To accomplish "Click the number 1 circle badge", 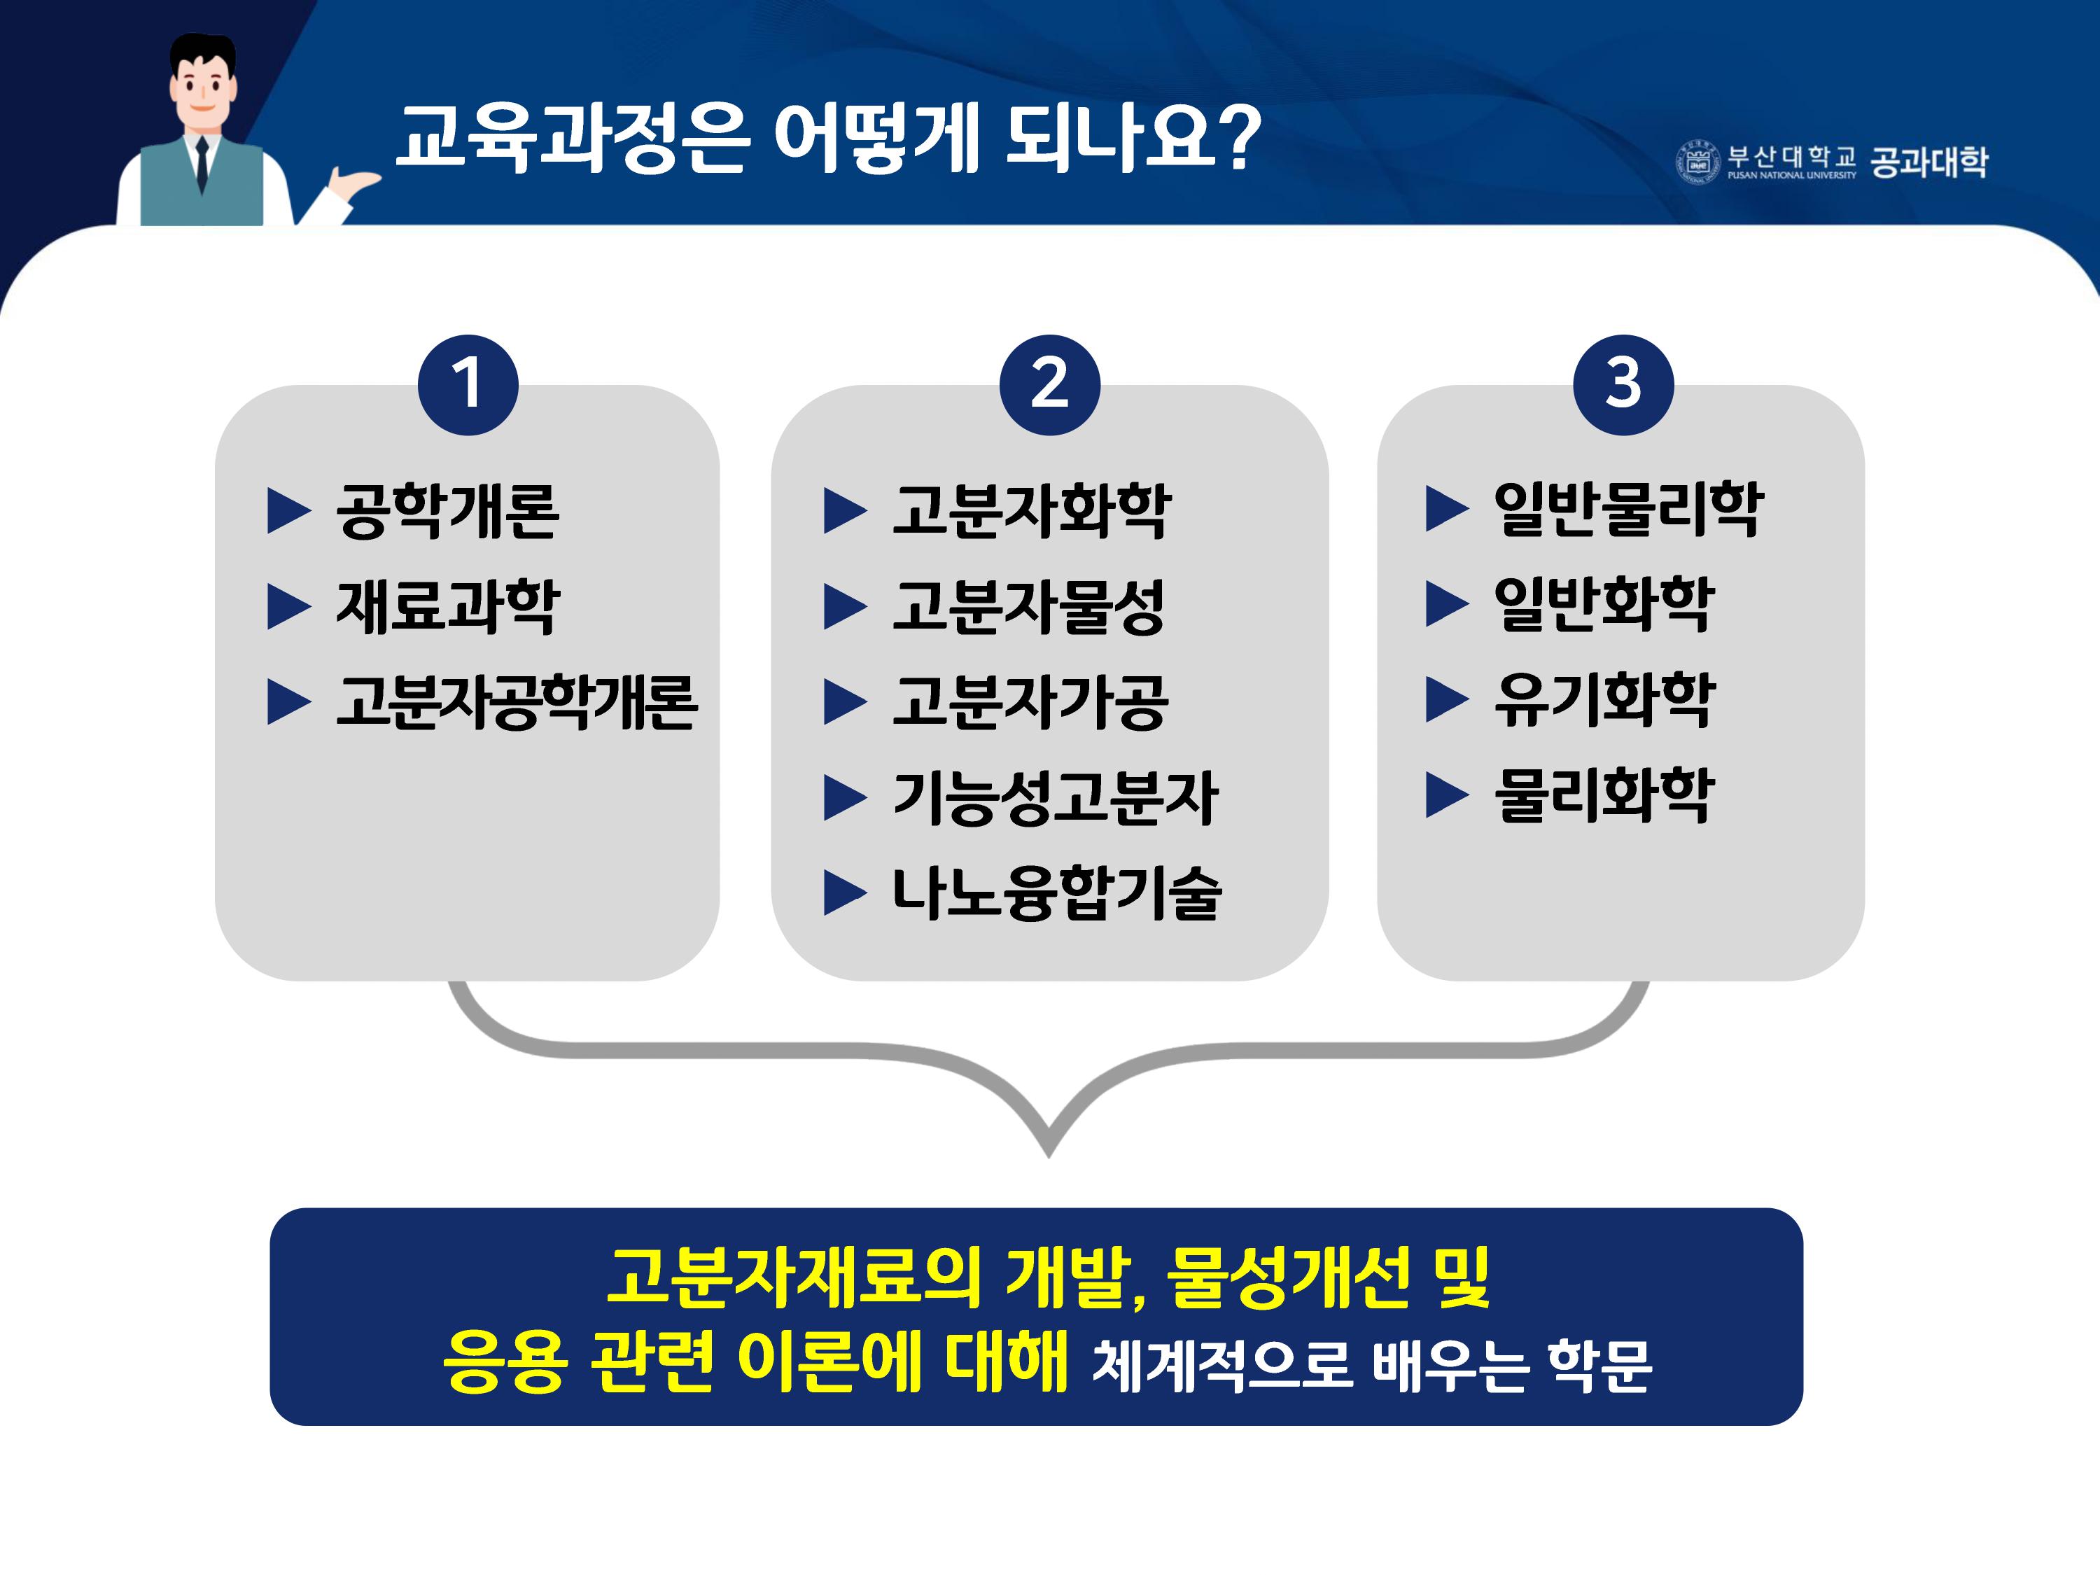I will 468,386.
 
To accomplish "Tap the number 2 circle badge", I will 1049,386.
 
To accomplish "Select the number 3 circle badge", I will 1623,386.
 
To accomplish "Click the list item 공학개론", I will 447,511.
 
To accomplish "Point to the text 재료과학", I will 447,607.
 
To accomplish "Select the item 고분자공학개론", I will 517,703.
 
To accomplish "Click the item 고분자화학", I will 1032,511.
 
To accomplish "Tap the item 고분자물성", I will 1028,607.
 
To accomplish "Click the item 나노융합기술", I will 1056,892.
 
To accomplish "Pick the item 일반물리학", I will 1628,509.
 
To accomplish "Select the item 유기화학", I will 1604,700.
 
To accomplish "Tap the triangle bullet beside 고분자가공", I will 845,703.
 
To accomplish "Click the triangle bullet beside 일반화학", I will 1447,605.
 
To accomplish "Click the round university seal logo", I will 1697,162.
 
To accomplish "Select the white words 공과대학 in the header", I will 1928,162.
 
